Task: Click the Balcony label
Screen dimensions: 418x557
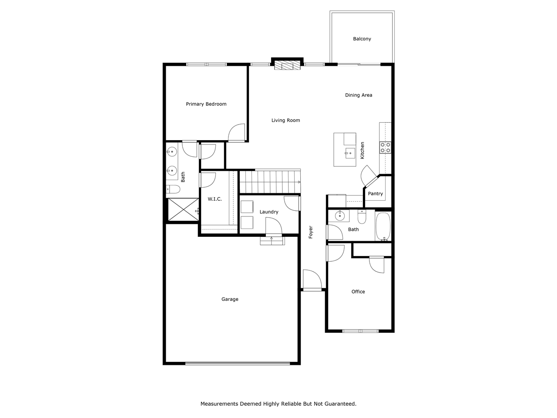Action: (x=362, y=39)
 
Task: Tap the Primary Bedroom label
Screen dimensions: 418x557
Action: (x=206, y=104)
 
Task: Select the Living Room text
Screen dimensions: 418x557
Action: (x=285, y=121)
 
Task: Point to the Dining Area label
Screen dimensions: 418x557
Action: (x=359, y=95)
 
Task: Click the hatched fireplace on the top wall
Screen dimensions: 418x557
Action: (x=287, y=65)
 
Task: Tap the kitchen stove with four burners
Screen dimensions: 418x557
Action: (x=386, y=148)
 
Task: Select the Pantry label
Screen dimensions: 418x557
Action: (x=375, y=194)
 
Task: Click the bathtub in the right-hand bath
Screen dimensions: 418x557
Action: (x=383, y=226)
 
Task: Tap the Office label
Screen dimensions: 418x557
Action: (x=358, y=292)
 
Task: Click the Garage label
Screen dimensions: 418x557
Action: (x=230, y=300)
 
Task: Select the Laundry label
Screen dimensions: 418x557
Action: (x=269, y=212)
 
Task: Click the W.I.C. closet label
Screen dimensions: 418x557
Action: (x=215, y=199)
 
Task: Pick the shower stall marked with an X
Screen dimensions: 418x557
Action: (x=183, y=210)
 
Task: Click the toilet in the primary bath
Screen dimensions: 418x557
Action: (x=173, y=189)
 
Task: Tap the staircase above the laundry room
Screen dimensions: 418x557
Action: (x=270, y=182)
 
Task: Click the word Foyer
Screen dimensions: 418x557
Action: (x=311, y=232)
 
